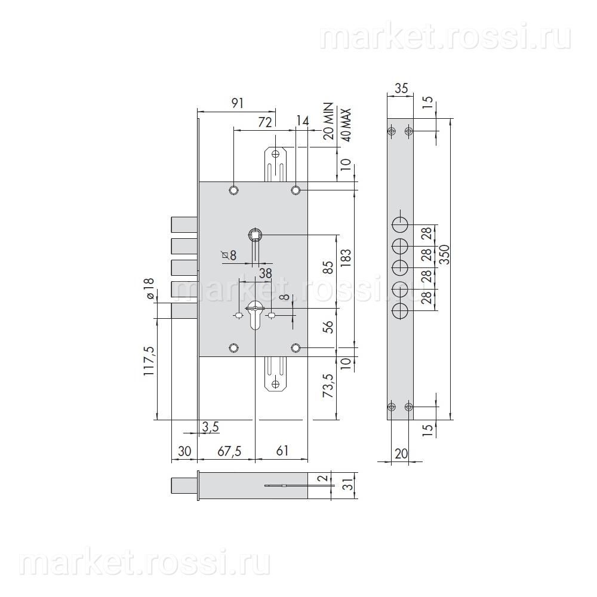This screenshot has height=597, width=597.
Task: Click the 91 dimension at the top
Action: point(237,103)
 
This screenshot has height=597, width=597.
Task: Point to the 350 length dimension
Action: point(444,254)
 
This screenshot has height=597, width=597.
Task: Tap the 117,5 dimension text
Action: point(149,361)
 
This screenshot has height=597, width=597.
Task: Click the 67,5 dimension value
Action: point(229,451)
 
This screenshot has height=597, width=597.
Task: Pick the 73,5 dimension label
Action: point(328,386)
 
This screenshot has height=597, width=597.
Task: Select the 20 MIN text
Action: point(328,121)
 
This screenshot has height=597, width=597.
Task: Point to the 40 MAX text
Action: point(346,125)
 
